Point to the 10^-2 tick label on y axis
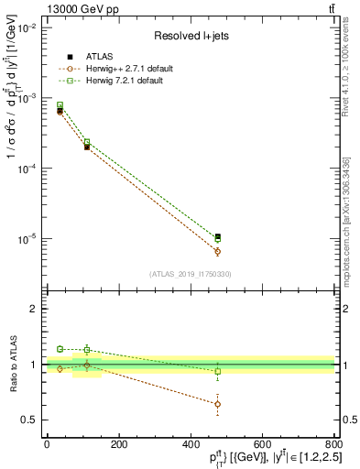26,28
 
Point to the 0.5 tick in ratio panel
30,420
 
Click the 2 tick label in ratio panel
35,309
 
